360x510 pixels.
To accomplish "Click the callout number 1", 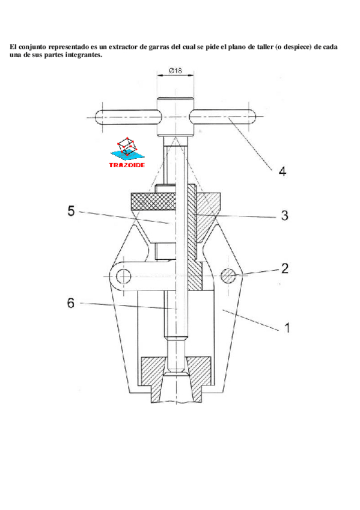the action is pos(287,328).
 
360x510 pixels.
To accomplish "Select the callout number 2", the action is pos(285,268).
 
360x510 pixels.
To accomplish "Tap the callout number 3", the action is pos(285,215).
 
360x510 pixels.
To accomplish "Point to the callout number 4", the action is pos(282,171).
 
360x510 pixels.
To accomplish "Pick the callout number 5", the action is pos(71,210).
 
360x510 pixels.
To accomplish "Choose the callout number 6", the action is pos(71,303).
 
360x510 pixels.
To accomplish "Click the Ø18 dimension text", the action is pos(175,70).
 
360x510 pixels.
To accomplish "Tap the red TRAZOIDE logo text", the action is pos(127,165).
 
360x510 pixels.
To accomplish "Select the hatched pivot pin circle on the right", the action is pos(228,276).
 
